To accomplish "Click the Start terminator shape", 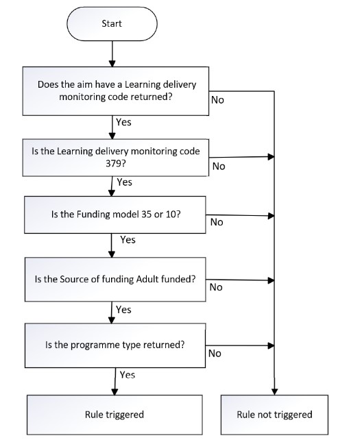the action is [x=112, y=24].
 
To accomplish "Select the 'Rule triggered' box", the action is [x=114, y=415].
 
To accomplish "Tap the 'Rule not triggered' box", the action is [x=274, y=415].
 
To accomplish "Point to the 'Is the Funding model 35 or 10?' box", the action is [x=115, y=215].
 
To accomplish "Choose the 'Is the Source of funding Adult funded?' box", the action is [x=115, y=280].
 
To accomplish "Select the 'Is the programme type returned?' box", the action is [x=115, y=345].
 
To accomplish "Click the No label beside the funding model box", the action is [x=217, y=222].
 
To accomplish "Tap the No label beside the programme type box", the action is [x=215, y=354].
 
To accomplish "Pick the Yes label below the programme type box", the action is [x=128, y=375].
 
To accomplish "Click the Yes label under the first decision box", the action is [x=124, y=123].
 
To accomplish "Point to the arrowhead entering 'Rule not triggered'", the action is [x=275, y=392].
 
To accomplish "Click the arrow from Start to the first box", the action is [x=112, y=54].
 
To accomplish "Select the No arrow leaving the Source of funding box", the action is [x=240, y=280].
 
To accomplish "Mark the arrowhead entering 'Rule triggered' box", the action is [x=114, y=392].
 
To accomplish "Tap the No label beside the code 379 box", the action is [x=219, y=167].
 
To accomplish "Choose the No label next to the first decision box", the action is [x=217, y=100].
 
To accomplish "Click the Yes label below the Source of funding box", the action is [x=123, y=310].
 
